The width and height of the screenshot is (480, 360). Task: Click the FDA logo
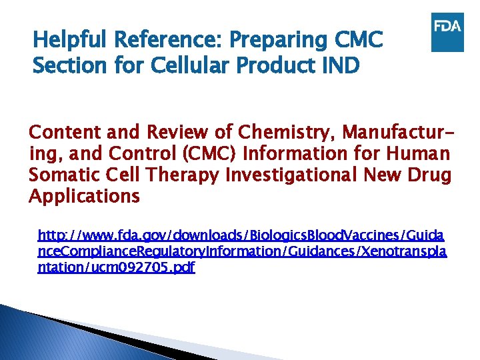coord(447,32)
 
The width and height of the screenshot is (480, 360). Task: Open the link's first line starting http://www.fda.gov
coord(242,235)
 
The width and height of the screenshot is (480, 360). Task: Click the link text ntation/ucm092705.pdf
coord(117,269)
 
